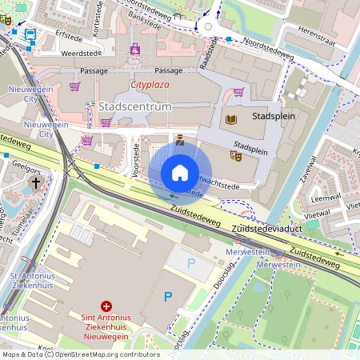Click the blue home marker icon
(x=180, y=172)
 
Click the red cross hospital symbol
(x=106, y=306)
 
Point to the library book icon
(x=231, y=119)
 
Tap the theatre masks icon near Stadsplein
(x=236, y=156)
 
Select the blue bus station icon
(x=30, y=35)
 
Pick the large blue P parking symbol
(x=168, y=297)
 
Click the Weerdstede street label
(x=66, y=54)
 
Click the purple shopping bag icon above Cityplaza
(x=135, y=50)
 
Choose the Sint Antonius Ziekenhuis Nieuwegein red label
(x=106, y=328)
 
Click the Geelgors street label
(x=26, y=170)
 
